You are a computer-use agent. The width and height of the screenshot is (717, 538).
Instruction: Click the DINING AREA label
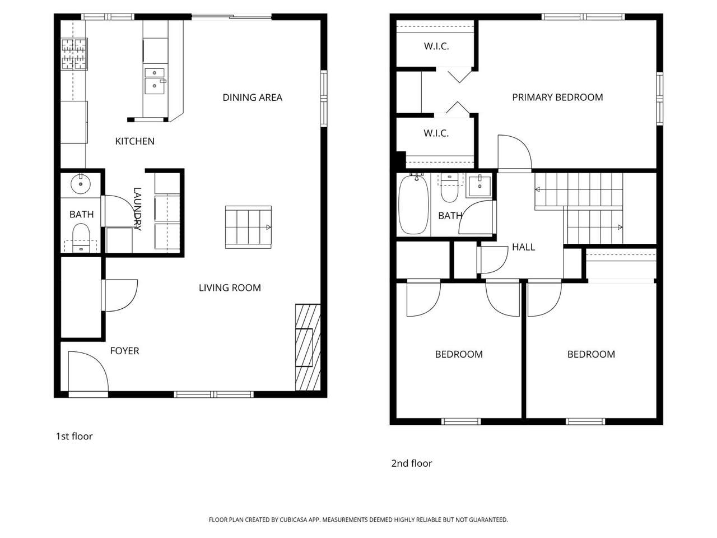[x=252, y=98]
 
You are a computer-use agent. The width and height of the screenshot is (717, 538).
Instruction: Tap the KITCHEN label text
[x=134, y=141]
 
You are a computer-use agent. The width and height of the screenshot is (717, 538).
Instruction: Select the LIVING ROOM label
[x=230, y=288]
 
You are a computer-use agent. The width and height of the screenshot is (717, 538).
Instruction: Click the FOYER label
[x=124, y=351]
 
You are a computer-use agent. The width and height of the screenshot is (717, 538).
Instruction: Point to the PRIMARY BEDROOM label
[x=557, y=98]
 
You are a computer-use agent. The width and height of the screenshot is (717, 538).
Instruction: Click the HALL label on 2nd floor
[x=523, y=247]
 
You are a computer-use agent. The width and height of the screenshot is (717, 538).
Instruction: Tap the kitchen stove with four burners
[x=74, y=54]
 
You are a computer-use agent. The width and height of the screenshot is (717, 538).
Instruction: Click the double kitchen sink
[x=155, y=80]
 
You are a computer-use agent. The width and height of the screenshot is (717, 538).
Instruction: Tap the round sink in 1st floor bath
[x=81, y=183]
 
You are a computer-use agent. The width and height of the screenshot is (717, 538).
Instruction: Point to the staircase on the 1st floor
[x=248, y=227]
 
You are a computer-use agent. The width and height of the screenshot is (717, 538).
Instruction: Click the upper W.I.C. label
[x=436, y=47]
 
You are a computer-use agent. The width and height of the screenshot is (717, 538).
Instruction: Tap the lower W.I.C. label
[x=436, y=133]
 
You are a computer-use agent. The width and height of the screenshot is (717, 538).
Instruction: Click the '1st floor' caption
[x=74, y=437]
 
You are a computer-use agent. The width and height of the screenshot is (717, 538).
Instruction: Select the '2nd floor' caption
[x=412, y=463]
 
